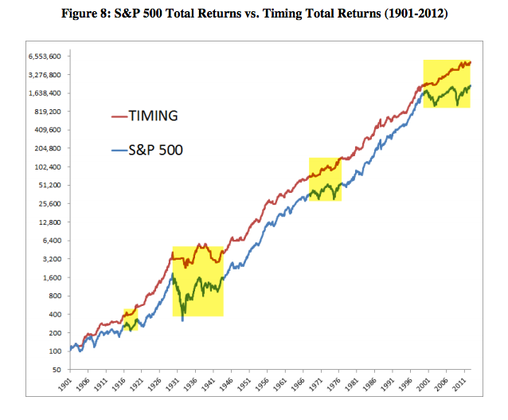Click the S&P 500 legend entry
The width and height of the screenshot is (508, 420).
pyautogui.click(x=157, y=148)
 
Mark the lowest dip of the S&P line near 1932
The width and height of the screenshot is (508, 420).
pyautogui.click(x=184, y=320)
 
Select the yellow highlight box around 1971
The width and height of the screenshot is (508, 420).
pyautogui.click(x=325, y=179)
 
